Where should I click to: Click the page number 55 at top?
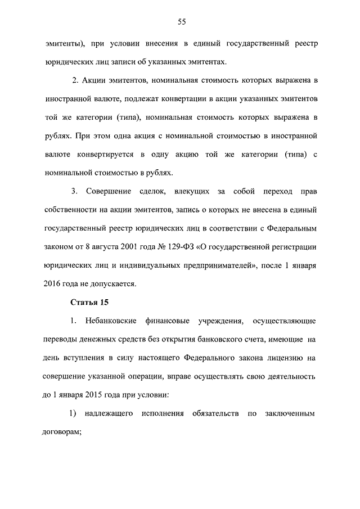[182, 22]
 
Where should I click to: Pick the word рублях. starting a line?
[57, 136]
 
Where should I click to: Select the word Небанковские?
[114, 321]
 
